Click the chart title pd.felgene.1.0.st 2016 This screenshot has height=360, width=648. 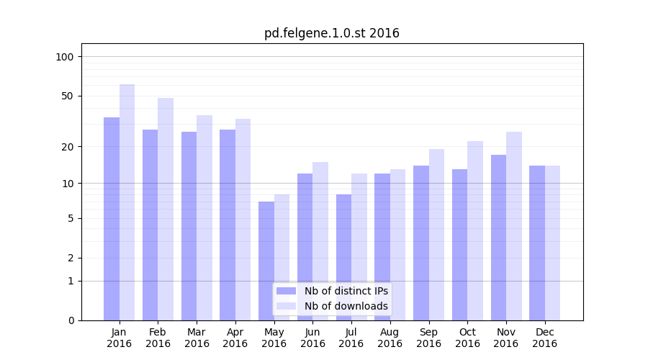331,33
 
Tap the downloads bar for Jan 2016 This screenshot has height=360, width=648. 127,202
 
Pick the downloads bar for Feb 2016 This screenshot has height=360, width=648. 166,209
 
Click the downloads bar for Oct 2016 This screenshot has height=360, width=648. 475,230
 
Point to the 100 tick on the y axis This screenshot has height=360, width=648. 65,57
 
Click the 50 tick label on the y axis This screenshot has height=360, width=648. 68,96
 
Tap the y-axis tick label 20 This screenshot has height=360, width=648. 68,147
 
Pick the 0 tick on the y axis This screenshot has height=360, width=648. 71,320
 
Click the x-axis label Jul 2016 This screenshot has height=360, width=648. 351,338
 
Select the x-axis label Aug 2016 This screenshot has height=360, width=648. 390,338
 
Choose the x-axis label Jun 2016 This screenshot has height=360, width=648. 312,338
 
